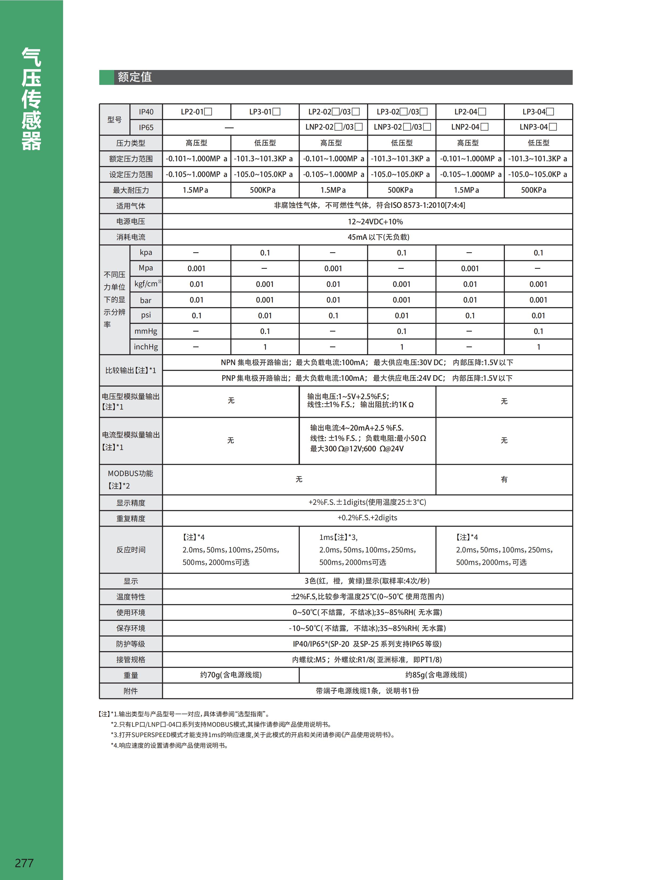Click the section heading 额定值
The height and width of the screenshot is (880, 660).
coord(134,77)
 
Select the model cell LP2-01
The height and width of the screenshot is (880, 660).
coord(196,112)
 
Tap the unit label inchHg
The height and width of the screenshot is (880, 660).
coord(146,347)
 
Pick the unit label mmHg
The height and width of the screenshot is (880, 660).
coord(146,331)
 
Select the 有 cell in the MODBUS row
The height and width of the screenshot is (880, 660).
coord(504,480)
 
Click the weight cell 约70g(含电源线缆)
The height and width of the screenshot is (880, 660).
coord(231,675)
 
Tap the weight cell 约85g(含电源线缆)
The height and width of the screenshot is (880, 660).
coord(436,675)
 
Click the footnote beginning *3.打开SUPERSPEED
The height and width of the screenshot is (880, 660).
coord(253,735)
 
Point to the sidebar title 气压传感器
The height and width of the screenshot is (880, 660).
coord(31,99)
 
